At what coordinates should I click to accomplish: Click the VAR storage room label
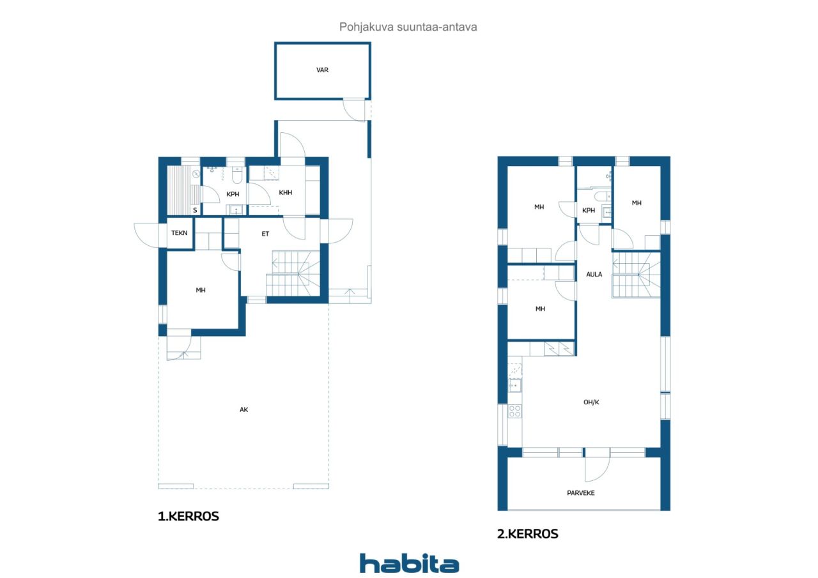[322, 70]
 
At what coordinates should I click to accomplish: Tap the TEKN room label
[180, 233]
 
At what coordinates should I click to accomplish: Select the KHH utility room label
[285, 192]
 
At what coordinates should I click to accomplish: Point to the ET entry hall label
[265, 234]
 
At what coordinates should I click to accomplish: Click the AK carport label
[243, 409]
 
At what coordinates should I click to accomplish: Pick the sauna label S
[195, 210]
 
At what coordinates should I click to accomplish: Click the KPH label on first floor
[233, 194]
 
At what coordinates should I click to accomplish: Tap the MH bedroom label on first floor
[201, 290]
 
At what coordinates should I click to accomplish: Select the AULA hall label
[594, 275]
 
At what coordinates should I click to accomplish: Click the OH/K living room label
[591, 402]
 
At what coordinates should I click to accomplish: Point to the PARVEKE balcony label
[581, 493]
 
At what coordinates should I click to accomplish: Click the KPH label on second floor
[589, 210]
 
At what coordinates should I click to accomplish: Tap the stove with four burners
[515, 411]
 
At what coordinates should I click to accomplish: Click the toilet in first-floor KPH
[237, 175]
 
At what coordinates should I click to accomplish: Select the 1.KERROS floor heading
[188, 516]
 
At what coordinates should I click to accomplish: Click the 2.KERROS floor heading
[527, 534]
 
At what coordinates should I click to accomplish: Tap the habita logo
[409, 563]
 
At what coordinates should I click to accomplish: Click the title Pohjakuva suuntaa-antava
[408, 27]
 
